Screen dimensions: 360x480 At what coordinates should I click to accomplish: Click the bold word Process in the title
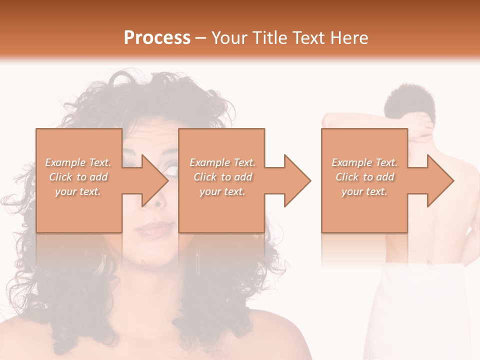[x=157, y=38]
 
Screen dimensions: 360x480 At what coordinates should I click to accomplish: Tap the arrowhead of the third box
[x=439, y=180]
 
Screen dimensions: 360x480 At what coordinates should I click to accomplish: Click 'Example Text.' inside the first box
[x=78, y=162]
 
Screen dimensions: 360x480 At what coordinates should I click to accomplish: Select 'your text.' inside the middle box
[x=222, y=191]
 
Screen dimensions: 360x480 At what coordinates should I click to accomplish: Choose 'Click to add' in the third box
[x=364, y=177]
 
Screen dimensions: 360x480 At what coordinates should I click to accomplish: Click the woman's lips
[x=154, y=230]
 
